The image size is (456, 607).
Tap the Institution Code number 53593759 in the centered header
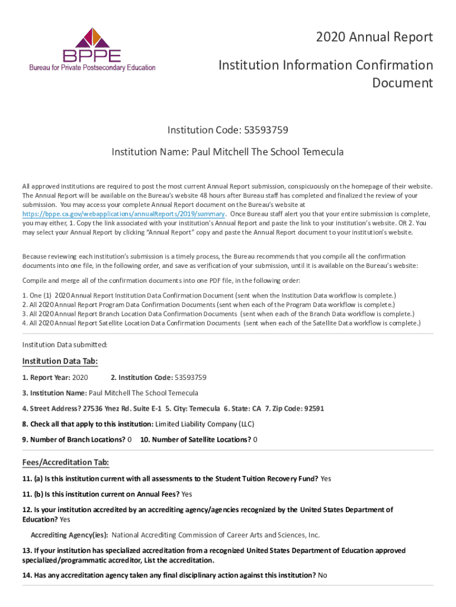[x=262, y=130]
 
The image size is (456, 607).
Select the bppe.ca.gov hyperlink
[x=123, y=214]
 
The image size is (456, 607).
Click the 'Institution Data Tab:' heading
[x=60, y=361]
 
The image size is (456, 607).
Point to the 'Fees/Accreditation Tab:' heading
[x=65, y=462]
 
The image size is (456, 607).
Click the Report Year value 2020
[x=80, y=377]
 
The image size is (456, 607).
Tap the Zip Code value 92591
[x=313, y=408]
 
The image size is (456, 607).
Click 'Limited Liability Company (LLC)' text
[x=205, y=424]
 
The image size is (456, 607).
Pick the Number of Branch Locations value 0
[x=130, y=439]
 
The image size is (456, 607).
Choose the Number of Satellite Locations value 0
[x=255, y=439]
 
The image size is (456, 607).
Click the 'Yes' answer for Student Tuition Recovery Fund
[x=326, y=478]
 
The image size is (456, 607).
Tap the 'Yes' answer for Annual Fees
[x=187, y=494]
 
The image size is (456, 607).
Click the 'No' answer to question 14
[x=322, y=575]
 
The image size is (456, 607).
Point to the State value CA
[x=256, y=408]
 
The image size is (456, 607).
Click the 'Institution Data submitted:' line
[x=65, y=344]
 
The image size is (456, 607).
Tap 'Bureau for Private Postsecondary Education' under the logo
[x=92, y=68]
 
